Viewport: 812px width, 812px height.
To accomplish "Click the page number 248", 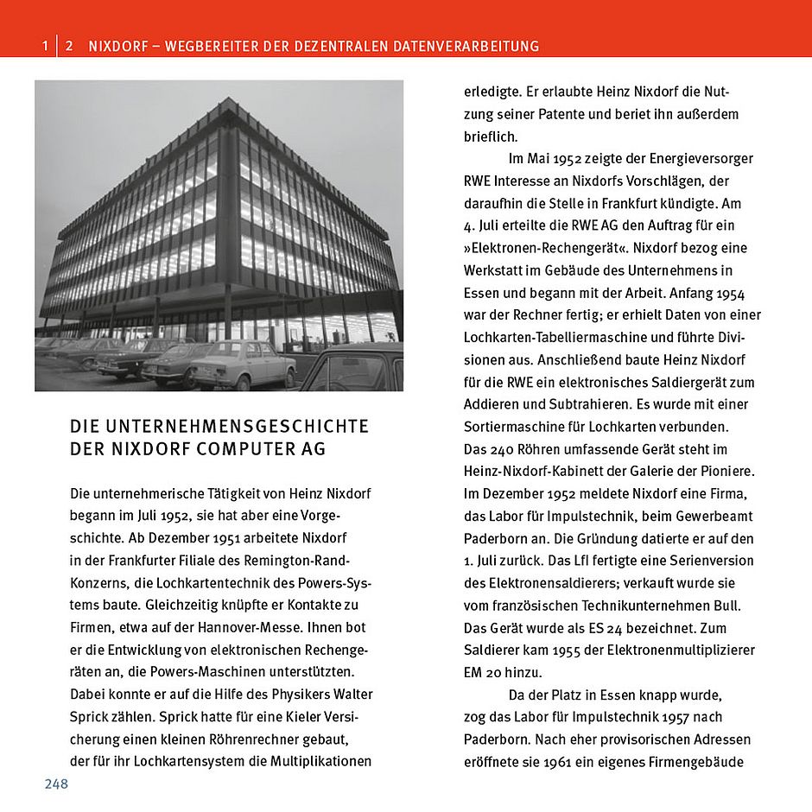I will tap(56, 783).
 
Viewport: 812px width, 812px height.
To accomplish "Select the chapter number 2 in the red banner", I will tap(69, 46).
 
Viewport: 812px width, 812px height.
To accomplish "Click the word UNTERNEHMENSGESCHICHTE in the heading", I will tap(236, 427).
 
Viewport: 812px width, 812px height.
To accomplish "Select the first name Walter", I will tap(352, 694).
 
